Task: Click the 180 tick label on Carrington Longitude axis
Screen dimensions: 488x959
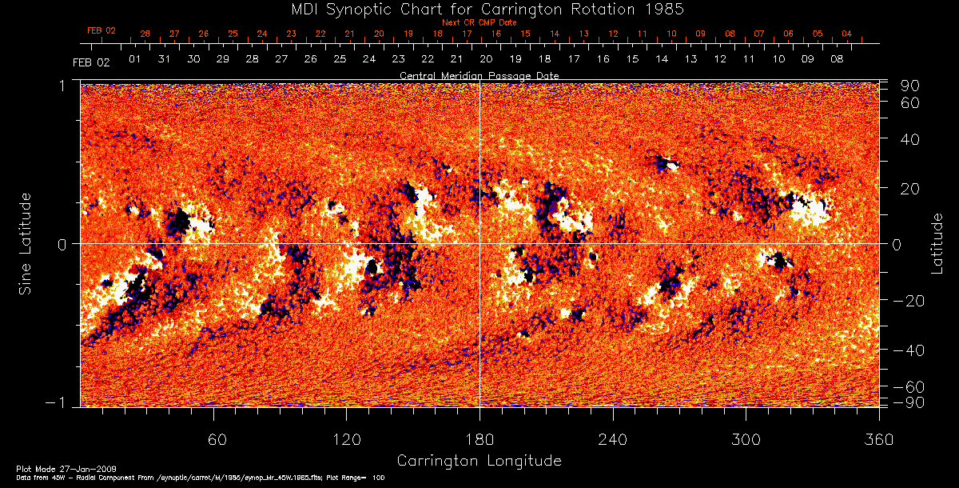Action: [479, 440]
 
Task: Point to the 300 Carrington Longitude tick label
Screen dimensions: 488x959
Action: [746, 440]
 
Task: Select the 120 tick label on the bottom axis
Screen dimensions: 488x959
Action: [346, 440]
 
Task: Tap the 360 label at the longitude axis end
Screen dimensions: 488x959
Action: [878, 440]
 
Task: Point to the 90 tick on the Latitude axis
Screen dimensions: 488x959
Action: [913, 86]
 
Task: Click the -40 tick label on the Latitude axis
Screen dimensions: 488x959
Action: [909, 350]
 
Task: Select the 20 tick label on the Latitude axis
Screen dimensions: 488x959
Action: [913, 188]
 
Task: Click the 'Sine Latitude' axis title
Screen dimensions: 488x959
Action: [26, 243]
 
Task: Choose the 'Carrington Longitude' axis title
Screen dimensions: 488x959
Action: [479, 461]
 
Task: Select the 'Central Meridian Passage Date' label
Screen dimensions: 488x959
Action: [479, 75]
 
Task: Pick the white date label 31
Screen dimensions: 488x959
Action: [164, 59]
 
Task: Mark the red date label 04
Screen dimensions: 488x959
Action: [847, 34]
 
